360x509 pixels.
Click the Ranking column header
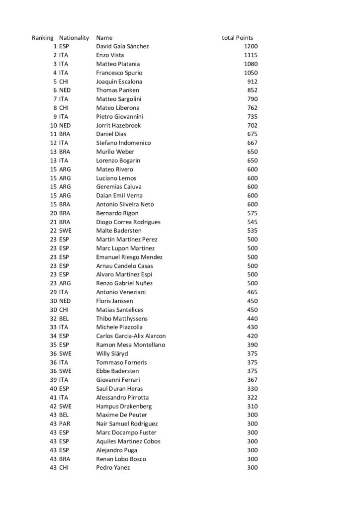click(x=42, y=37)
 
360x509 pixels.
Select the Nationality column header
click(x=74, y=37)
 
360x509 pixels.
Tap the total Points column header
click(x=237, y=37)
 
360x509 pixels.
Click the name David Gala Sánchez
click(x=122, y=46)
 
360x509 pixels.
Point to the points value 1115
click(x=251, y=55)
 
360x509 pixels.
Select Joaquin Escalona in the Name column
click(x=119, y=82)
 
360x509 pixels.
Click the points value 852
click(x=252, y=90)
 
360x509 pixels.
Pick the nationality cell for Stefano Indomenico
click(x=64, y=143)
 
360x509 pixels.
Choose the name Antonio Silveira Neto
click(x=125, y=204)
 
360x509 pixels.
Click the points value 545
click(x=252, y=222)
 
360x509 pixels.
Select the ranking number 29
click(x=53, y=292)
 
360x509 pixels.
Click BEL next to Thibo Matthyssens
click(x=64, y=318)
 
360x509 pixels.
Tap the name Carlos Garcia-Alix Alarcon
click(x=131, y=336)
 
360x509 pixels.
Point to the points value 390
click(x=252, y=344)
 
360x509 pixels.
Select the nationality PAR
click(x=64, y=424)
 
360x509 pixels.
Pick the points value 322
click(x=252, y=397)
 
